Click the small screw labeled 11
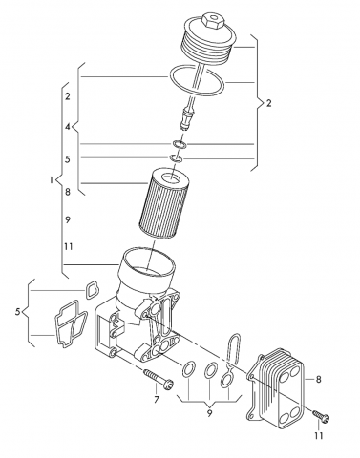click(321, 415)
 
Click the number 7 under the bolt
click(157, 399)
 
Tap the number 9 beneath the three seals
click(209, 413)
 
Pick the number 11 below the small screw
click(318, 435)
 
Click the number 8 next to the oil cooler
click(318, 379)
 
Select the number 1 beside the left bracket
click(52, 180)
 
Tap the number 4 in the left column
click(68, 127)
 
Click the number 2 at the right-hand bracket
click(269, 103)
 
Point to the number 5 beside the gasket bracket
click(18, 312)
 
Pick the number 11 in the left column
click(68, 246)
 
